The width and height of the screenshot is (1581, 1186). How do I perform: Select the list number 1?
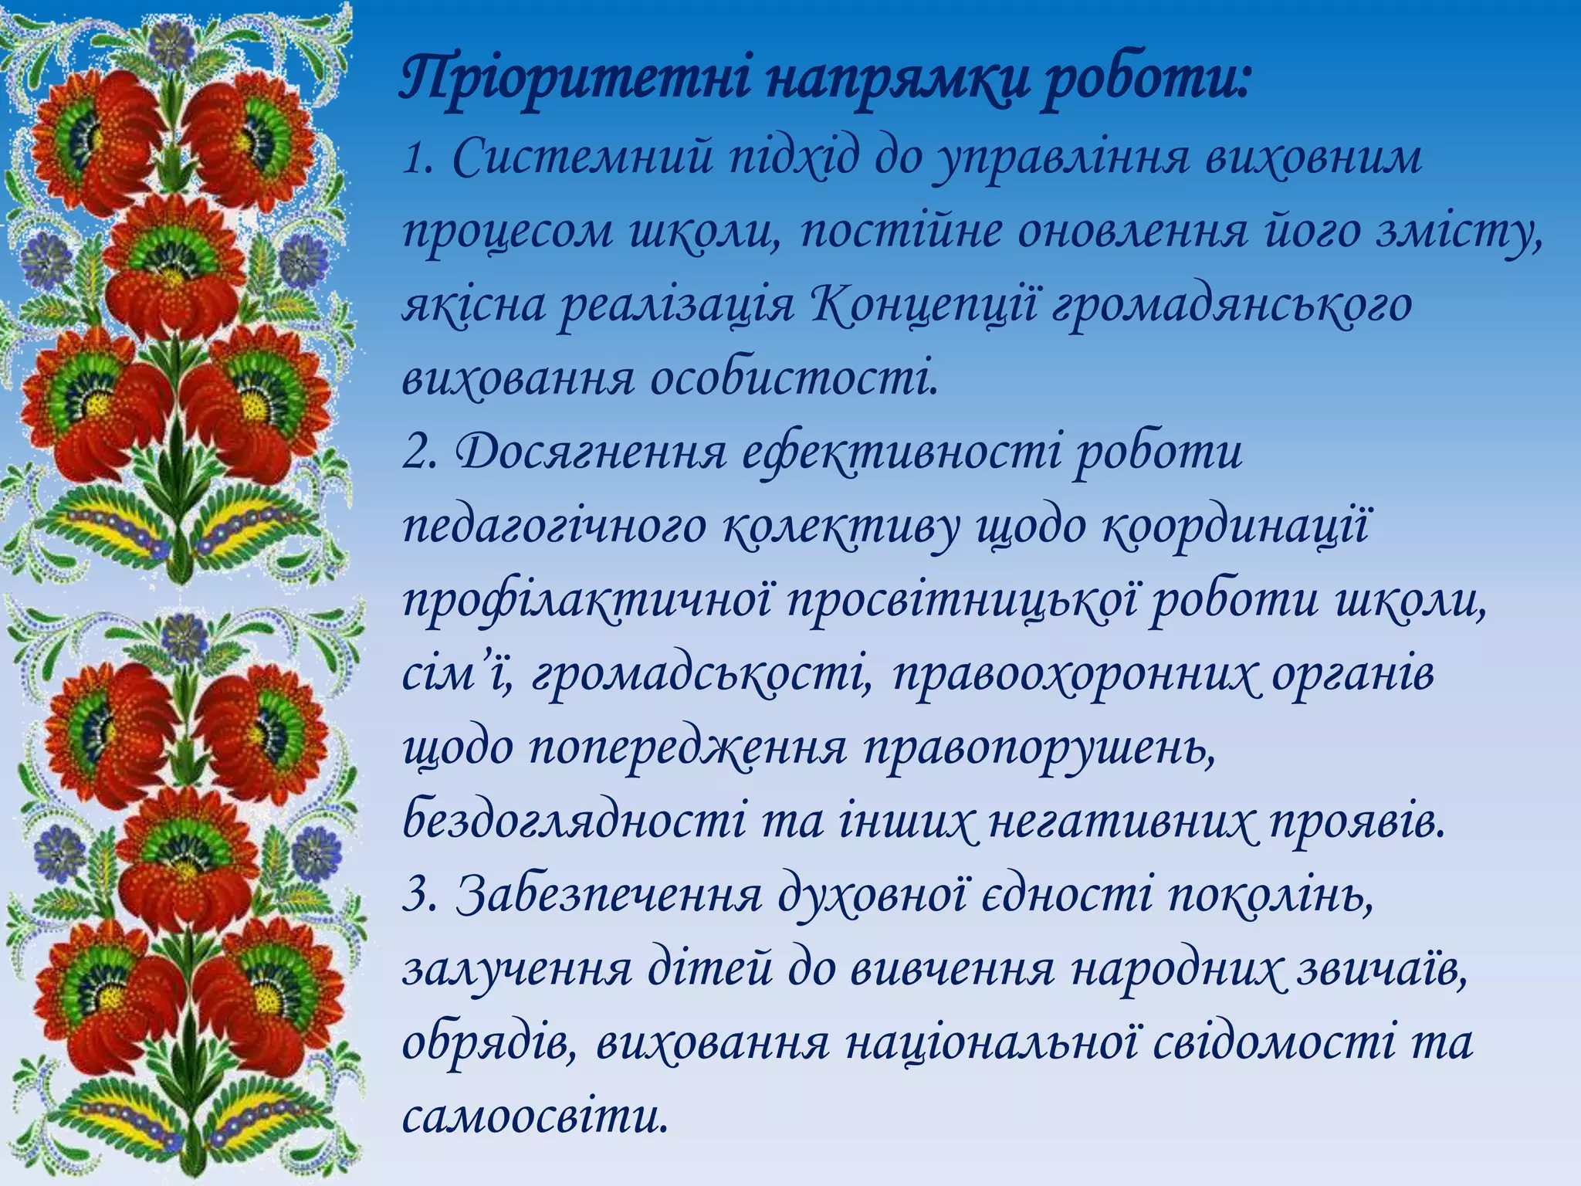tap(415, 158)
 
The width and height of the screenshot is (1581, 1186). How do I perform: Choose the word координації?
tap(1236, 528)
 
